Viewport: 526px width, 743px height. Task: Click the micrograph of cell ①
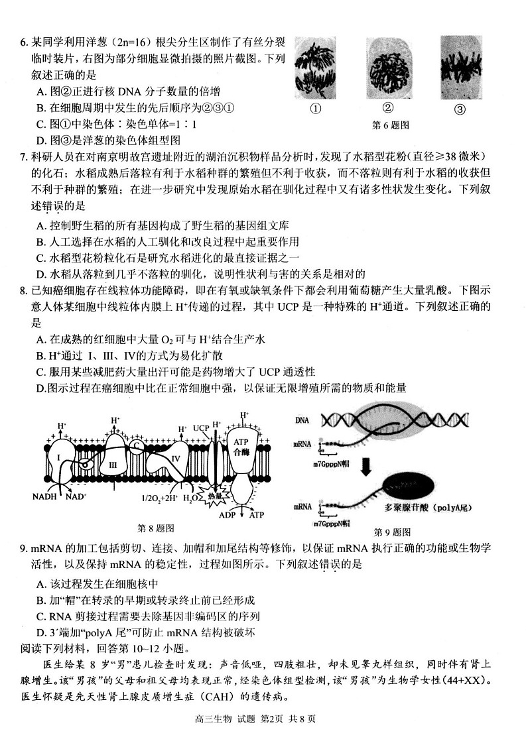click(x=315, y=66)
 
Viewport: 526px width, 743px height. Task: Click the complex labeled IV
click(x=175, y=458)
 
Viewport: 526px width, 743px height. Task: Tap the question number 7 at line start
click(x=24, y=156)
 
